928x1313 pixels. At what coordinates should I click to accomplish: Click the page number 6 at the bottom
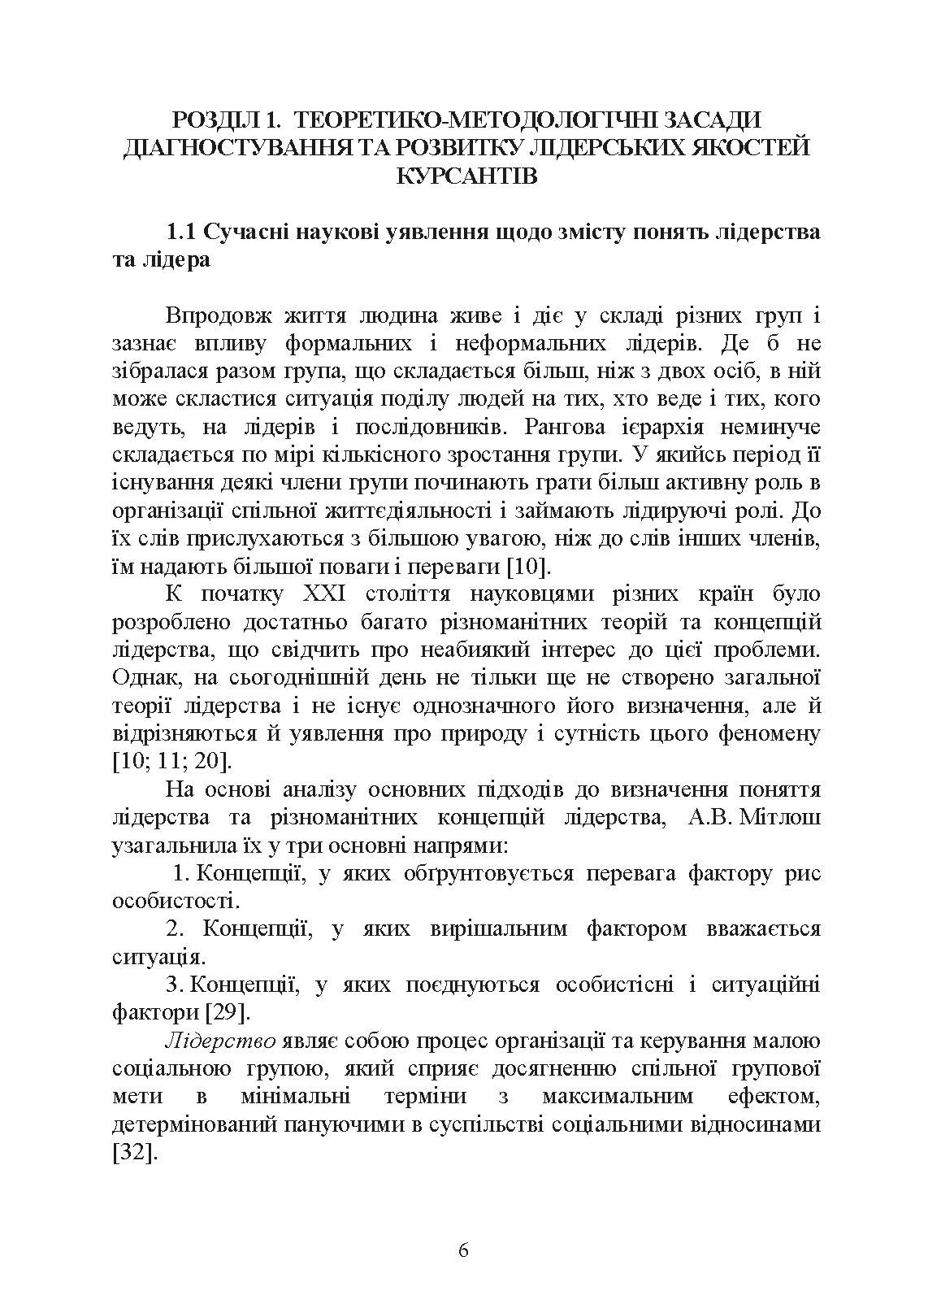click(463, 1250)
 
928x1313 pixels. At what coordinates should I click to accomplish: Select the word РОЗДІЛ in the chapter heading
click(212, 120)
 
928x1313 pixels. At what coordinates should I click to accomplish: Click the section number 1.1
click(180, 232)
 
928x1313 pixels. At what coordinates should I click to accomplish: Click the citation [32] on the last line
click(132, 1153)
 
